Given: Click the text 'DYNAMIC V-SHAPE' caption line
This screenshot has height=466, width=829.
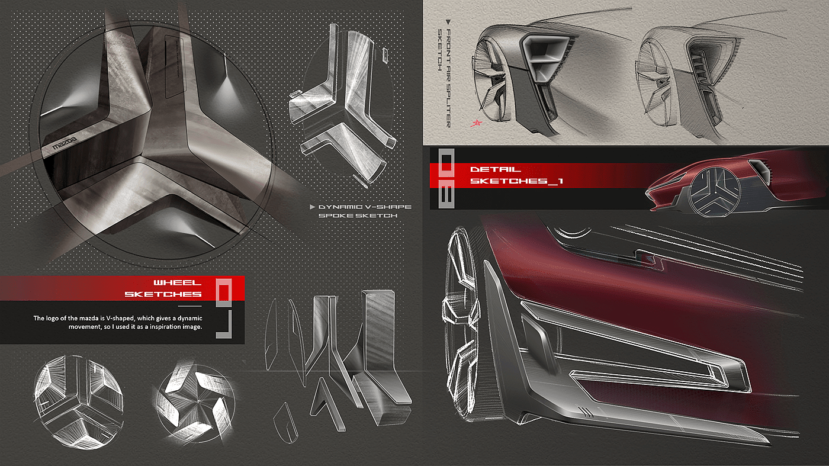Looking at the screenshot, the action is pos(365,207).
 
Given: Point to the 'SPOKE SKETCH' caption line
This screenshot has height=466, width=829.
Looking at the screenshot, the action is pos(358,216).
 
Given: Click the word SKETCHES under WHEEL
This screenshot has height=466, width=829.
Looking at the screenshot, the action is pos(163,294).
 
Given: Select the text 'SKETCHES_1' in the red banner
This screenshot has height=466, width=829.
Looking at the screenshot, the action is pos(515,181).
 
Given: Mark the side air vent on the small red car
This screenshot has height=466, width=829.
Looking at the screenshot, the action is pos(759,169).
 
